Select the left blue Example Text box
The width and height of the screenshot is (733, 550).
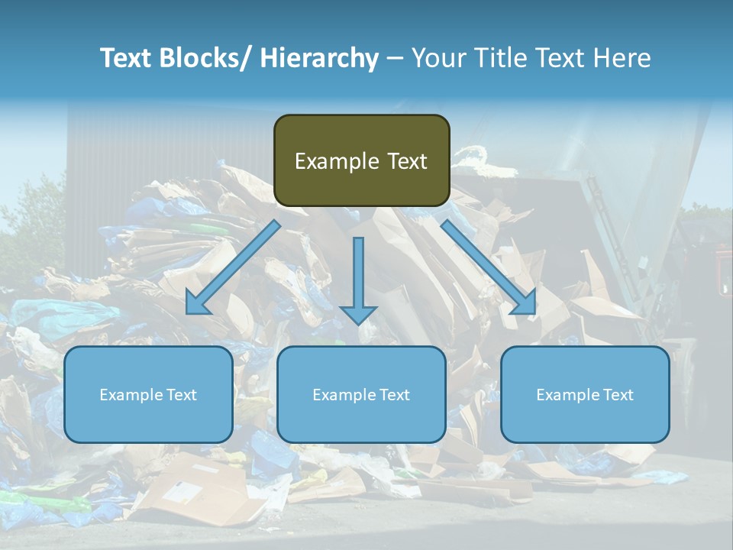click(x=148, y=394)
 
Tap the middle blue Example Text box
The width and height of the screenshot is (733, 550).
click(x=361, y=394)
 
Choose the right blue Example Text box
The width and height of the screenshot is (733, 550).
click(x=585, y=394)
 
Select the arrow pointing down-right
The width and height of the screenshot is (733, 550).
click(x=489, y=267)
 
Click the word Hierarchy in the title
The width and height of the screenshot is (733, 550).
click(x=318, y=58)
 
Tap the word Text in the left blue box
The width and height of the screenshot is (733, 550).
click(x=182, y=394)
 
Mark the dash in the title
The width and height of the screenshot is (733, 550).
click(x=395, y=59)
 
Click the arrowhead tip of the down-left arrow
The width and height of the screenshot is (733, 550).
click(x=188, y=312)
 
